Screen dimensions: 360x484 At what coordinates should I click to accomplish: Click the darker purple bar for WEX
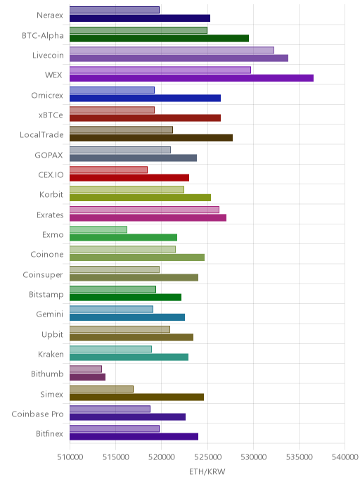191,78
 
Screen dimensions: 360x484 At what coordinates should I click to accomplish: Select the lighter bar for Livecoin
172,50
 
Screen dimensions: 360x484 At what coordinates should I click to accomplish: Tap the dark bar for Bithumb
88,377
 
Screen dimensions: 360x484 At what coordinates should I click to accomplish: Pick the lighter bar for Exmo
98,229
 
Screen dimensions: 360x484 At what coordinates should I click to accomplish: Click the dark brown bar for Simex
136,397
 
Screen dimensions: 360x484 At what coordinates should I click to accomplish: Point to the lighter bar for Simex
101,389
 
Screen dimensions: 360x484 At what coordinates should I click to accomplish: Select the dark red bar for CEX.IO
129,178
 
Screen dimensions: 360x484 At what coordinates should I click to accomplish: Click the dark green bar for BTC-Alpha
159,38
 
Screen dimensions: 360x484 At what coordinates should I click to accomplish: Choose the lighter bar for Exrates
144,210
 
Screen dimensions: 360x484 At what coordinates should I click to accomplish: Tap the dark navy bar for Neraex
140,18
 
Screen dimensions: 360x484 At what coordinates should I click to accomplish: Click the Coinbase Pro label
37,414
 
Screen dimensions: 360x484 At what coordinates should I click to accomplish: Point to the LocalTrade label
41,135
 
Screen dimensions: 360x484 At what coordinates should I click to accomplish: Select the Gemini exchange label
50,314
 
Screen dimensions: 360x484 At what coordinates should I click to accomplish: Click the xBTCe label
51,115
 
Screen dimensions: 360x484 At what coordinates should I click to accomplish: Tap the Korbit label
51,194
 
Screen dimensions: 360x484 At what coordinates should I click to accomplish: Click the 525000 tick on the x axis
207,457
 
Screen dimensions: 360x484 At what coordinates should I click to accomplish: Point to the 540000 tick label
345,457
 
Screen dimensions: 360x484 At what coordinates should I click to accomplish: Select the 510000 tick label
70,457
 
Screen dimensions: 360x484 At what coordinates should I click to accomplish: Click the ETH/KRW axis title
207,471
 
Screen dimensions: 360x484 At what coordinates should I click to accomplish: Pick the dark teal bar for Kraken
129,357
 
